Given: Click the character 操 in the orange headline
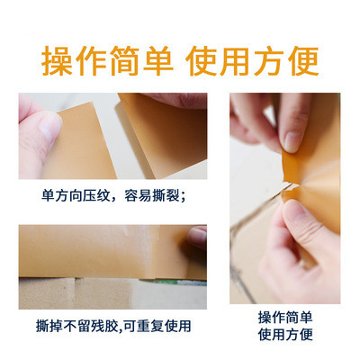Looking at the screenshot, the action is [57, 61].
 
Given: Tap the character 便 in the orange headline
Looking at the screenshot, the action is [303, 61].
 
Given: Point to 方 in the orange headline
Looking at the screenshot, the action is [269, 61].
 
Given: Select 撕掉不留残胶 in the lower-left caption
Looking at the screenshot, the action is [76, 326].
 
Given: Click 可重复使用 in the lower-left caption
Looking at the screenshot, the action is [157, 326].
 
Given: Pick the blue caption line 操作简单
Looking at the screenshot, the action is [285, 318].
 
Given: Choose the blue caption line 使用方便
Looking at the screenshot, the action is [285, 334].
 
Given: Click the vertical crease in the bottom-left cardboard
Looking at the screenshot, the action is [74, 292].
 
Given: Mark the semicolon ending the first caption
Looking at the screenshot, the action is [184, 197].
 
